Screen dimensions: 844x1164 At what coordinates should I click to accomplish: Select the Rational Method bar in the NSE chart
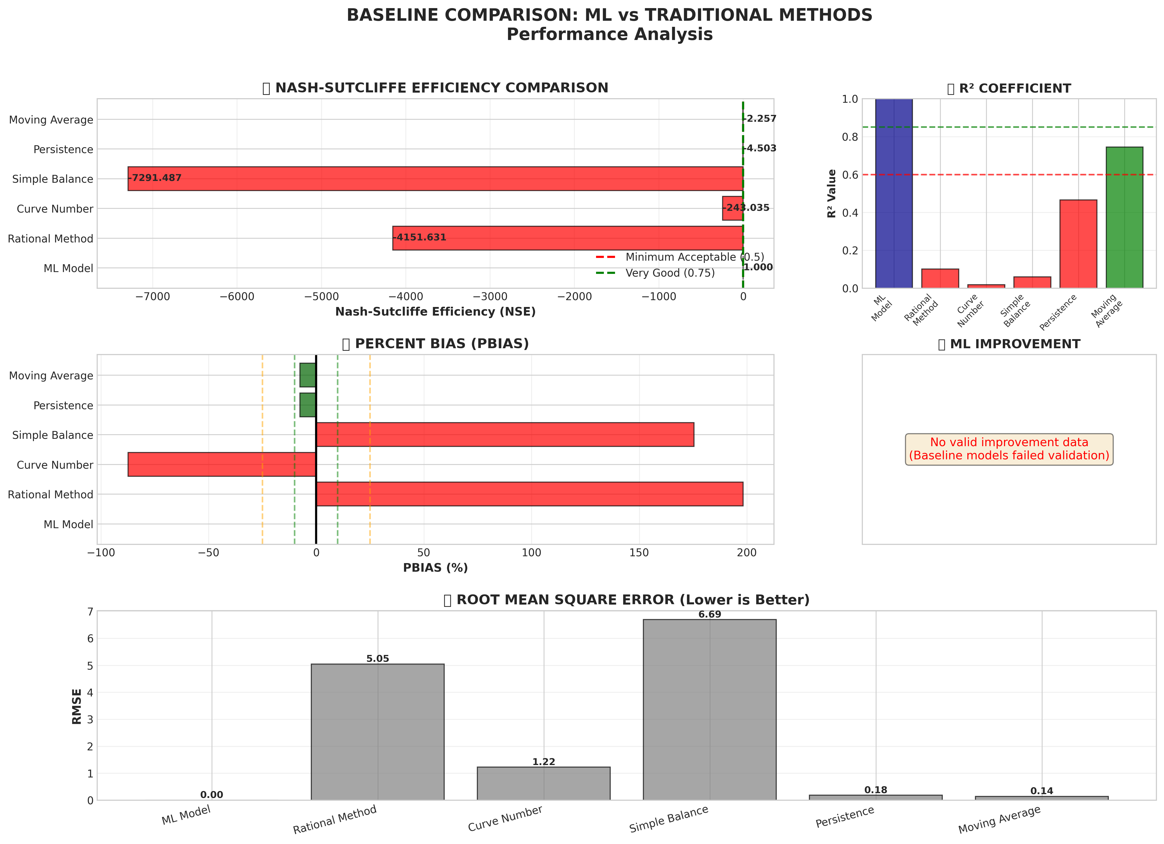tap(567, 238)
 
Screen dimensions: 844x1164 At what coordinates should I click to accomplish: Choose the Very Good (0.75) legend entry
tap(670, 273)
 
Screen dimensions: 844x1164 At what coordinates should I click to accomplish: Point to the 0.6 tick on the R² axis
tap(850, 175)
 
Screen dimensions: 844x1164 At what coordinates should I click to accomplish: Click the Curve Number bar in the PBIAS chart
tap(222, 464)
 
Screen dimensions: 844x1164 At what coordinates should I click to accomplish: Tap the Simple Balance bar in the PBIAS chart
tap(505, 435)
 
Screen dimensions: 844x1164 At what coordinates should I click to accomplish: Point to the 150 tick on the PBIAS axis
tap(639, 552)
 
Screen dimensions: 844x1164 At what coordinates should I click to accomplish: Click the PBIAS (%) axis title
tap(435, 568)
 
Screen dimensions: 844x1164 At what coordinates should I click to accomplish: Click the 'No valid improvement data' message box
tap(1009, 449)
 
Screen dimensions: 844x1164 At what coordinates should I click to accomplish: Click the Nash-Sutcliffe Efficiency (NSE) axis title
tap(435, 312)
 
